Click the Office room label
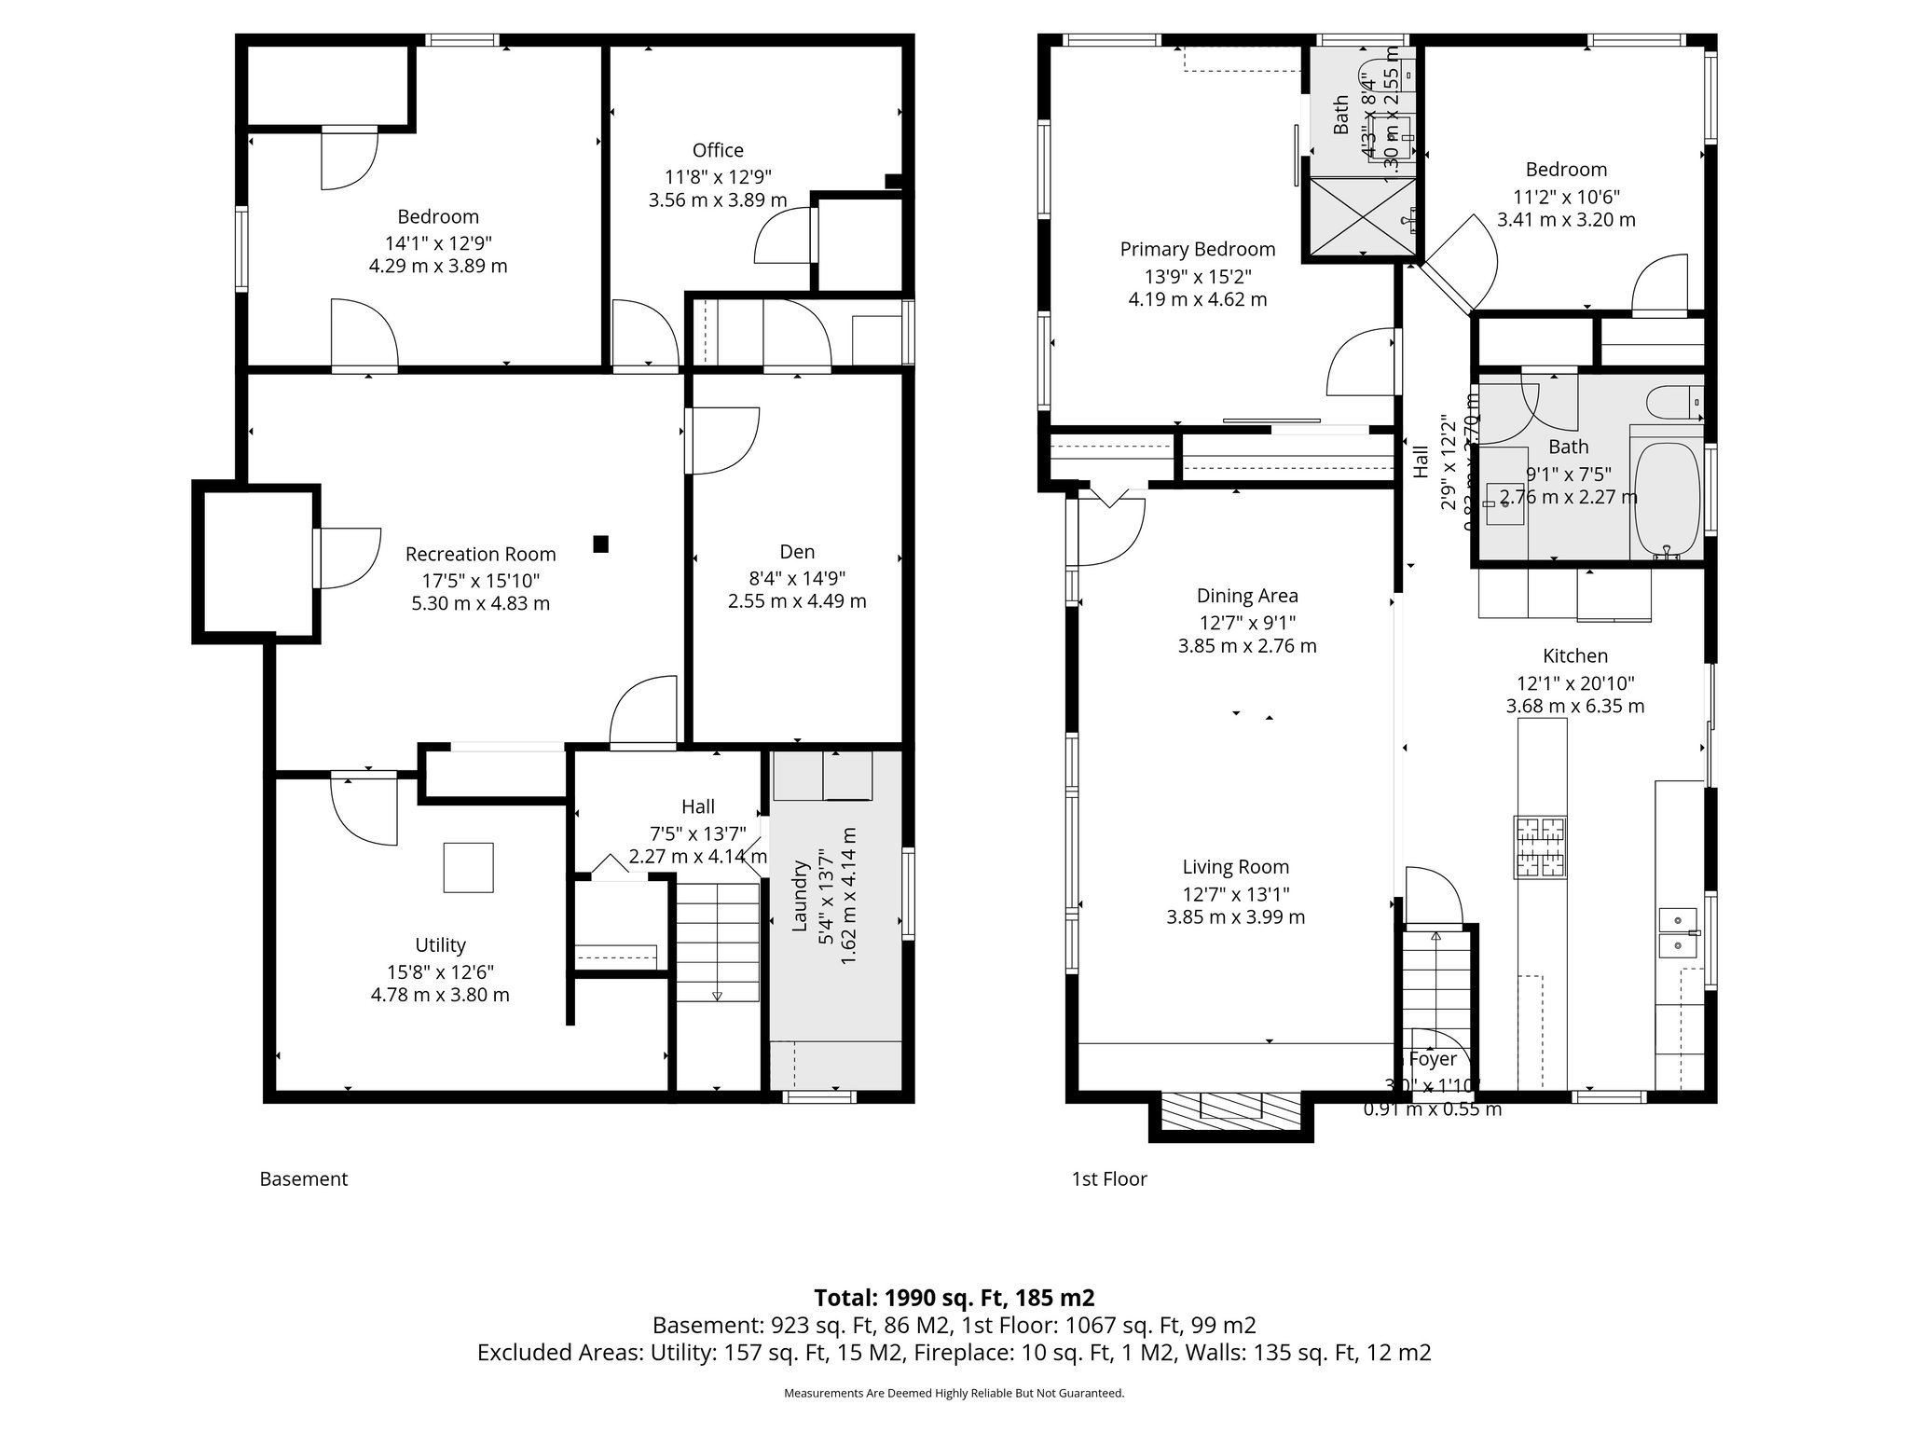(x=718, y=151)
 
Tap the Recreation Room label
(x=480, y=555)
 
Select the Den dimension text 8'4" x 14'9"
(x=797, y=577)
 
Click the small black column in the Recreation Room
(x=601, y=543)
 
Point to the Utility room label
(x=440, y=945)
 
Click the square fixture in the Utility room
(x=468, y=867)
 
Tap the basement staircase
(x=717, y=942)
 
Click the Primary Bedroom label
(x=1197, y=250)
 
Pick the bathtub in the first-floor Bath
(x=1666, y=500)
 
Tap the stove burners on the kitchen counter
(x=1540, y=847)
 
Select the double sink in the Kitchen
(x=1679, y=933)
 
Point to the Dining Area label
(x=1247, y=596)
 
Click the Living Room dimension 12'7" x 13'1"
(x=1235, y=893)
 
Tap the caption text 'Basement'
(x=303, y=1179)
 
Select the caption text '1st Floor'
(x=1109, y=1179)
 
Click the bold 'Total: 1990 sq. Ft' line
(x=954, y=1298)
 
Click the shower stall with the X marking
(x=1363, y=215)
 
